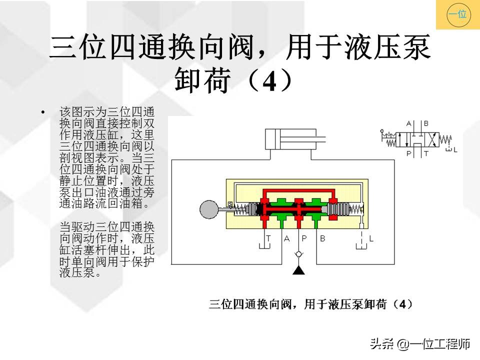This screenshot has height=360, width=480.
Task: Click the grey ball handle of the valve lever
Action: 209,209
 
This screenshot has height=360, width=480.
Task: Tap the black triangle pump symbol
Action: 298,270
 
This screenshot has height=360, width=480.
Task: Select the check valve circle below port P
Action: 298,254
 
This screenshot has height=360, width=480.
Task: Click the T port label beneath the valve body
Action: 268,238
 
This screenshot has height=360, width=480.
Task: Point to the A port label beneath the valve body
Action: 286,238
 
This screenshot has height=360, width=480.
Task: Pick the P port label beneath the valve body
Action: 304,238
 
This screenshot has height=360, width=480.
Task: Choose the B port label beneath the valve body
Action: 322,238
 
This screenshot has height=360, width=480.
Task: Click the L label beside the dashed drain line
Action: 371,238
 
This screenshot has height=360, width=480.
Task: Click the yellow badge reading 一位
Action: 458,14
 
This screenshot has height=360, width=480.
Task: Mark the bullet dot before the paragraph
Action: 42,112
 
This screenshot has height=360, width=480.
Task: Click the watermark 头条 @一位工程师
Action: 419,344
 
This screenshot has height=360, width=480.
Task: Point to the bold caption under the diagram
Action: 310,304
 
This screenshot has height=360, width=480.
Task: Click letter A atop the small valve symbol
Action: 408,123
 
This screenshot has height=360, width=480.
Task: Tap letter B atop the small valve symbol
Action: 426,123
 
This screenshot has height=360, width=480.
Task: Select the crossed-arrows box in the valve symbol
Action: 432,140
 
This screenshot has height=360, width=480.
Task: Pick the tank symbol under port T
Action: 264,246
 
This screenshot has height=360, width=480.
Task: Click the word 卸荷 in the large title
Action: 202,80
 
